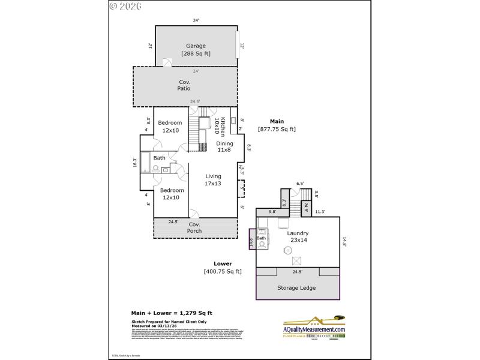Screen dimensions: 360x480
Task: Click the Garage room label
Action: click(196, 49)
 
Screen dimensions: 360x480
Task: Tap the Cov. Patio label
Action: click(184, 85)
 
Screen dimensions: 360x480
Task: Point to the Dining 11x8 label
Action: click(224, 146)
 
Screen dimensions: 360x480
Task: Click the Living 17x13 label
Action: click(213, 179)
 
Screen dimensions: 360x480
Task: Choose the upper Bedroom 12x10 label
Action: click(169, 127)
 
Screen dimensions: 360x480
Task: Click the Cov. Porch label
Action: click(194, 227)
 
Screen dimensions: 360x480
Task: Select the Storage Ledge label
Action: click(298, 287)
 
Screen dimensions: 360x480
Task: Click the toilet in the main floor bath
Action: click(164, 170)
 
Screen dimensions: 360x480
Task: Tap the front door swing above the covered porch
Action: click(194, 214)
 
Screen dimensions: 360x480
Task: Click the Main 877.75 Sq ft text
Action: click(277, 125)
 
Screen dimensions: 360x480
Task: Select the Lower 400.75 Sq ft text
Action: click(223, 268)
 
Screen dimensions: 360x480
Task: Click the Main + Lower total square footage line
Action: click(172, 313)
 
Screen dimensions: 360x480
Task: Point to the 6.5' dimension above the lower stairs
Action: click(300, 184)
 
